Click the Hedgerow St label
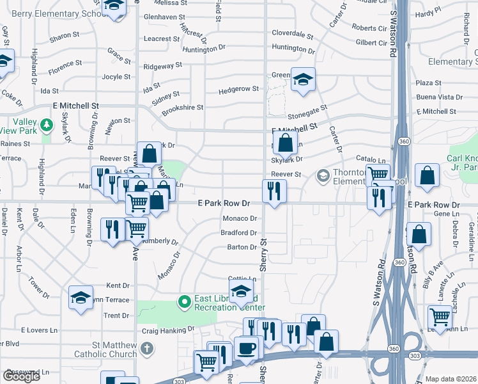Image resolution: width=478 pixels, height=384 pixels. [238, 89]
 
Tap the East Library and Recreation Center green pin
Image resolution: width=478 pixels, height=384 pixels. [185, 300]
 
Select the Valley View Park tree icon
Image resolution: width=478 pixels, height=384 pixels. [46, 123]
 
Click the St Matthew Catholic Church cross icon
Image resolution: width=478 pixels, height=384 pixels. [147, 349]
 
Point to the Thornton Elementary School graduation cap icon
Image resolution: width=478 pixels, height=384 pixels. [323, 175]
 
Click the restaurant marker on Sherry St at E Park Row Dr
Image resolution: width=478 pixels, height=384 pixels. [274, 191]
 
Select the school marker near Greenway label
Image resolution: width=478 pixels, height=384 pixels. [303, 79]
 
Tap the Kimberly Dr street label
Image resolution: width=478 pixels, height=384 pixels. [160, 241]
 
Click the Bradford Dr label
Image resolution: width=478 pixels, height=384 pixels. [238, 233]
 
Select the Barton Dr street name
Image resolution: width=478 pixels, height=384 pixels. [242, 247]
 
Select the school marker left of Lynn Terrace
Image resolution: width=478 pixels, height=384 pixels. [81, 298]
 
